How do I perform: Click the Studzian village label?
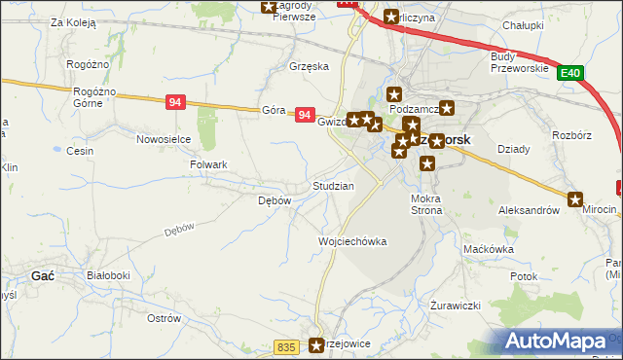coord(332,185)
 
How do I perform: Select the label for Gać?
coord(42,276)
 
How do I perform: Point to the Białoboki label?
coord(108,276)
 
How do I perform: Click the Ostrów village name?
coord(163,318)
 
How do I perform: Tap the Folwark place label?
coord(208,165)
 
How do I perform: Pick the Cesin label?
coord(79,151)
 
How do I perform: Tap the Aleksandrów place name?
coord(529,209)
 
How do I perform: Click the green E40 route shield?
coord(571,73)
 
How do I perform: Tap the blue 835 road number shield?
coord(285,346)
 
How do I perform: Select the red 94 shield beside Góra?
coord(305,115)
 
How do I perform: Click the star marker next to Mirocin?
coord(576,198)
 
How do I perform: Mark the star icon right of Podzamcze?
coord(447,109)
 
